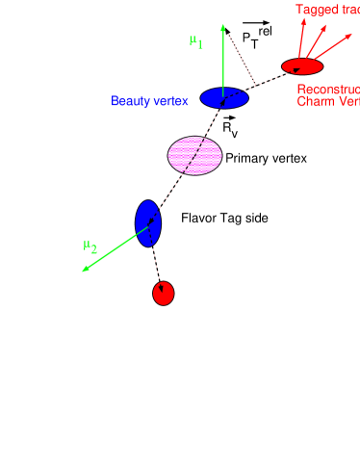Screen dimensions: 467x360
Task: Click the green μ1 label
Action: coord(196,42)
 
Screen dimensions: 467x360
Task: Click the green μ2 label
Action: coord(90,246)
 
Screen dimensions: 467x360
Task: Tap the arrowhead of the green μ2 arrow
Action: coord(86,269)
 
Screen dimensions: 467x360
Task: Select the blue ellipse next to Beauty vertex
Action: coord(224,98)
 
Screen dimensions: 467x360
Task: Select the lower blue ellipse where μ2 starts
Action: coord(148,223)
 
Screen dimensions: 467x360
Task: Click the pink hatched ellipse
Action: coord(195,156)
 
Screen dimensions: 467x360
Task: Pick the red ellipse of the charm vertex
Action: coord(302,66)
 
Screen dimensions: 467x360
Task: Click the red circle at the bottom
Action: coord(164,294)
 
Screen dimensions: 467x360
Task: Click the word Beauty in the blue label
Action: coord(130,101)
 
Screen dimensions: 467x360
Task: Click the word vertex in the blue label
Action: coord(170,101)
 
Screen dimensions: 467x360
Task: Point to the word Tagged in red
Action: coord(312,10)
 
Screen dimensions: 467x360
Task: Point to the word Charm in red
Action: coord(315,101)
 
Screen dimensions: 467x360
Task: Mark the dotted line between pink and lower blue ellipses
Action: coord(171,191)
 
